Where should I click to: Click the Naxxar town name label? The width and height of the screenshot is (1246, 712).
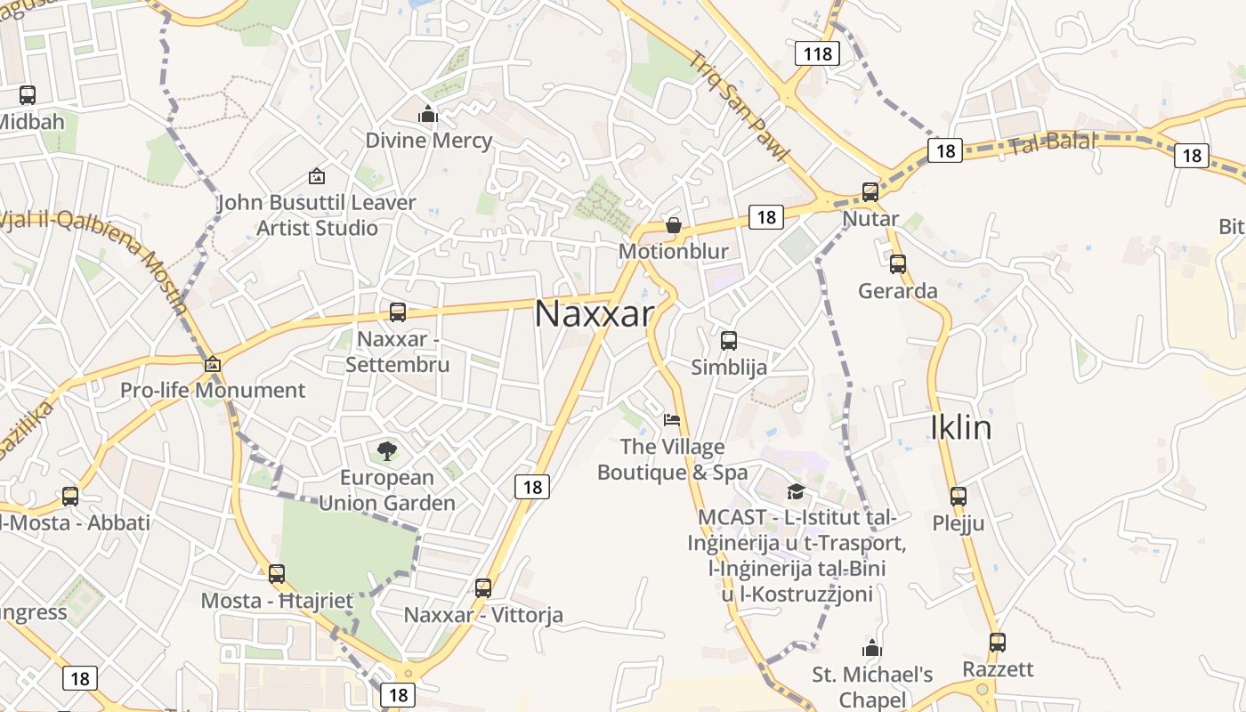(x=594, y=313)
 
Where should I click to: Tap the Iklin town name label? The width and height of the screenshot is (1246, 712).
(x=960, y=428)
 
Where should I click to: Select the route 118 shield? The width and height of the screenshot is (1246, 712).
(x=817, y=53)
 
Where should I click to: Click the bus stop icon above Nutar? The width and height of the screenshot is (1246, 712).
(x=870, y=192)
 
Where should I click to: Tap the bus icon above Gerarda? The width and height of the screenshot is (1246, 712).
(x=897, y=264)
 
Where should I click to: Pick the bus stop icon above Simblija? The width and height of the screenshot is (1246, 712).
(x=729, y=341)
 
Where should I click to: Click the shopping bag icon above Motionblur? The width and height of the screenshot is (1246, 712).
(x=674, y=225)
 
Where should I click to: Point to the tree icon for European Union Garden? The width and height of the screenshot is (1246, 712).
(x=386, y=451)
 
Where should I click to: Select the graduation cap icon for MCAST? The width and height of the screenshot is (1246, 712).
(x=796, y=491)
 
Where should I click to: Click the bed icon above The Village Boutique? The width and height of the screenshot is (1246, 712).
(x=672, y=420)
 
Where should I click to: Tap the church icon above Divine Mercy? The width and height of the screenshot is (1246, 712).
(x=428, y=115)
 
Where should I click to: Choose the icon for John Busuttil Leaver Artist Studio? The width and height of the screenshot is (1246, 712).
(x=316, y=177)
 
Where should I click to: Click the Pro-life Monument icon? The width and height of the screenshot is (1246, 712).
(x=212, y=364)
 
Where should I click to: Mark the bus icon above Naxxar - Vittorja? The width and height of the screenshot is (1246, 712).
(x=483, y=588)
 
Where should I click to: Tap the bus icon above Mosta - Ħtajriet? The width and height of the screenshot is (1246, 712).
(x=277, y=574)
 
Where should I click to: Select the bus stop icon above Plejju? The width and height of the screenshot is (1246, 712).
(x=958, y=497)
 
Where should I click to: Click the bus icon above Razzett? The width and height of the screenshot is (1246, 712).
(x=998, y=643)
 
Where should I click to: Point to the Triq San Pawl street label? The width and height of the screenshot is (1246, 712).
(x=739, y=106)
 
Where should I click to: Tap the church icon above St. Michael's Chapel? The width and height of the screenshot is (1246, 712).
(x=871, y=648)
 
